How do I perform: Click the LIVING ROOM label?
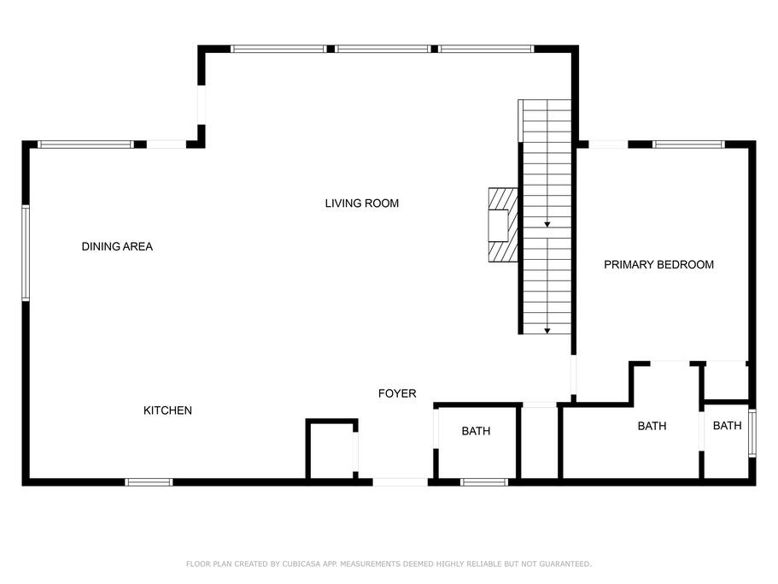pos(362,204)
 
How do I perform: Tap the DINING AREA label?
pos(117,246)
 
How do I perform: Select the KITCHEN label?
pos(167,410)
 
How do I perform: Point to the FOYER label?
pos(397,393)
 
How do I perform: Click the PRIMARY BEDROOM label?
pos(659,265)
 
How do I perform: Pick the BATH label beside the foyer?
pos(476,431)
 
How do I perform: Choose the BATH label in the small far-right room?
pos(728,426)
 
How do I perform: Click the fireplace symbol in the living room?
pos(503,225)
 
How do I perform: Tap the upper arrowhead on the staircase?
pos(547,225)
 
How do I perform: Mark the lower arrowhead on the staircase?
pos(547,331)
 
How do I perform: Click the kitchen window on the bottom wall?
pos(149,482)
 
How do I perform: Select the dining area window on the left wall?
pos(26,253)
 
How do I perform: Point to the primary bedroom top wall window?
pos(688,145)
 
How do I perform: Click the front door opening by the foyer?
pos(400,482)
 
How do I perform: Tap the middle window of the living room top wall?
pos(383,49)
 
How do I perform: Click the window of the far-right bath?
pos(752,433)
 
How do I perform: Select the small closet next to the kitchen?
pos(331,450)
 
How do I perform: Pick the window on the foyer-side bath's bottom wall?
pos(484,482)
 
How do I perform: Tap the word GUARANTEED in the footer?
pos(565,563)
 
